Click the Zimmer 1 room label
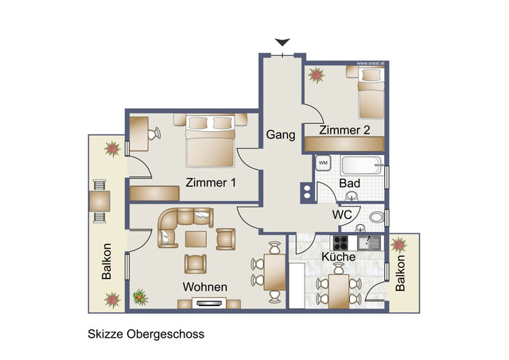click(x=211, y=182)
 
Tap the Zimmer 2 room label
click(x=344, y=130)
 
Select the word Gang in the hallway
click(x=281, y=134)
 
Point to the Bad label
click(x=350, y=183)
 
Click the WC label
click(x=343, y=215)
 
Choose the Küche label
click(x=337, y=257)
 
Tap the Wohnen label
click(x=205, y=287)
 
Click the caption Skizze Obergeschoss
click(x=146, y=335)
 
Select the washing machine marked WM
click(x=323, y=163)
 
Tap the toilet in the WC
click(x=376, y=216)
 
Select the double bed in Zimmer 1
click(x=210, y=141)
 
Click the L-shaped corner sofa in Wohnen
click(x=178, y=226)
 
